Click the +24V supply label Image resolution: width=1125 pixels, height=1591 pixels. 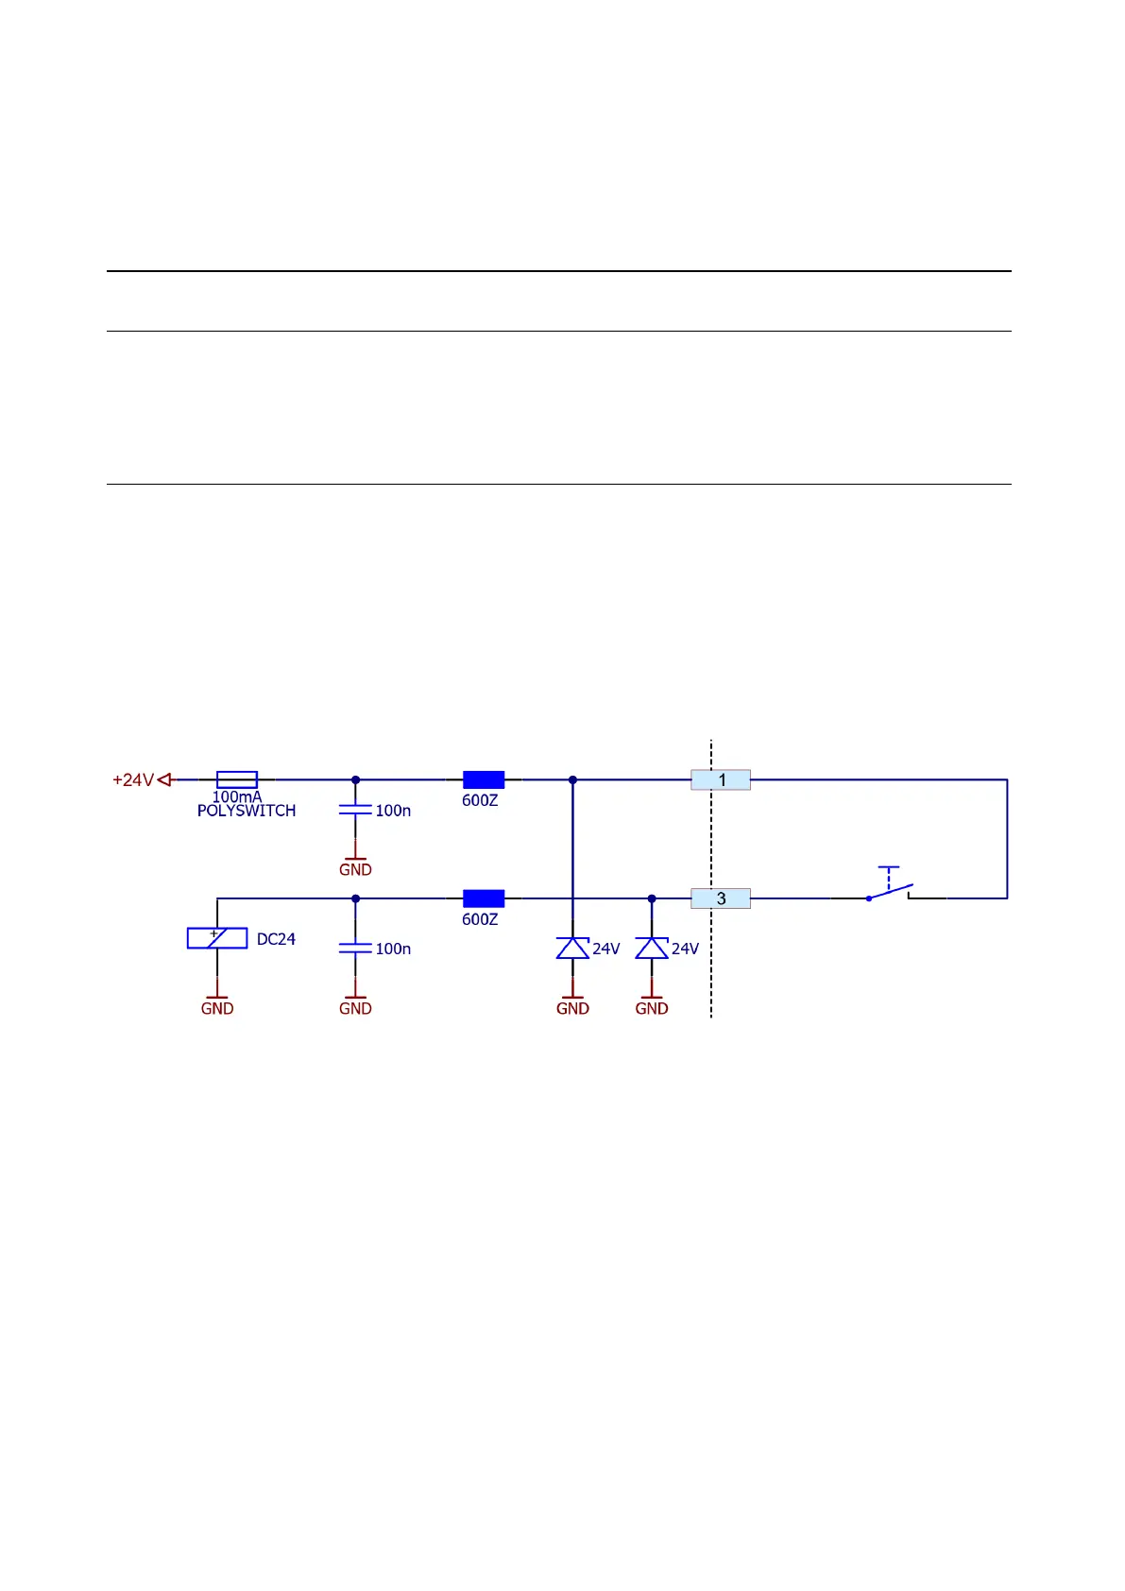point(133,780)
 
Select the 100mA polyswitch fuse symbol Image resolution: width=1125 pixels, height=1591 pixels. point(237,779)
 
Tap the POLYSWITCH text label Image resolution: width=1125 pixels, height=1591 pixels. point(247,811)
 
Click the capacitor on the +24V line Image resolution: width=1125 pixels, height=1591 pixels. point(355,810)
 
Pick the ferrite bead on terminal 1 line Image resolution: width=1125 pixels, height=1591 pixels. point(484,779)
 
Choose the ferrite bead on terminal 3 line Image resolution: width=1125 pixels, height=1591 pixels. point(484,898)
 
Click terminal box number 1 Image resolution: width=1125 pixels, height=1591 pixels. point(721,780)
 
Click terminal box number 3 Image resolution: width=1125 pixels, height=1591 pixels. point(721,898)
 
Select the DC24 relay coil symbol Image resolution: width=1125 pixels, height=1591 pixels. point(217,938)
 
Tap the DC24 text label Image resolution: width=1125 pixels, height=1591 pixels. point(276,939)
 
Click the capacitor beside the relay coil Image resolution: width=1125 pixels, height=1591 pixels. point(355,948)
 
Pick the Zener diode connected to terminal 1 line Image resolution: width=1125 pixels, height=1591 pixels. point(572,948)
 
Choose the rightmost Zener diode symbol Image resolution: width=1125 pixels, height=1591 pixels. point(652,948)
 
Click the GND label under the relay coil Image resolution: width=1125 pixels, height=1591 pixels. point(217,1008)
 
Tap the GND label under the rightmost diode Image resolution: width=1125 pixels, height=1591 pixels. point(652,1008)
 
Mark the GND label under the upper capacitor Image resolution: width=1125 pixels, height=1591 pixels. point(355,869)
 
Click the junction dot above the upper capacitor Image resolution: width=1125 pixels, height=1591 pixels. point(355,779)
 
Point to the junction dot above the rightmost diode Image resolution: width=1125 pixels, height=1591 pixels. point(652,898)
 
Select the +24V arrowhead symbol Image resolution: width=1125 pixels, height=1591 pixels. point(164,779)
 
